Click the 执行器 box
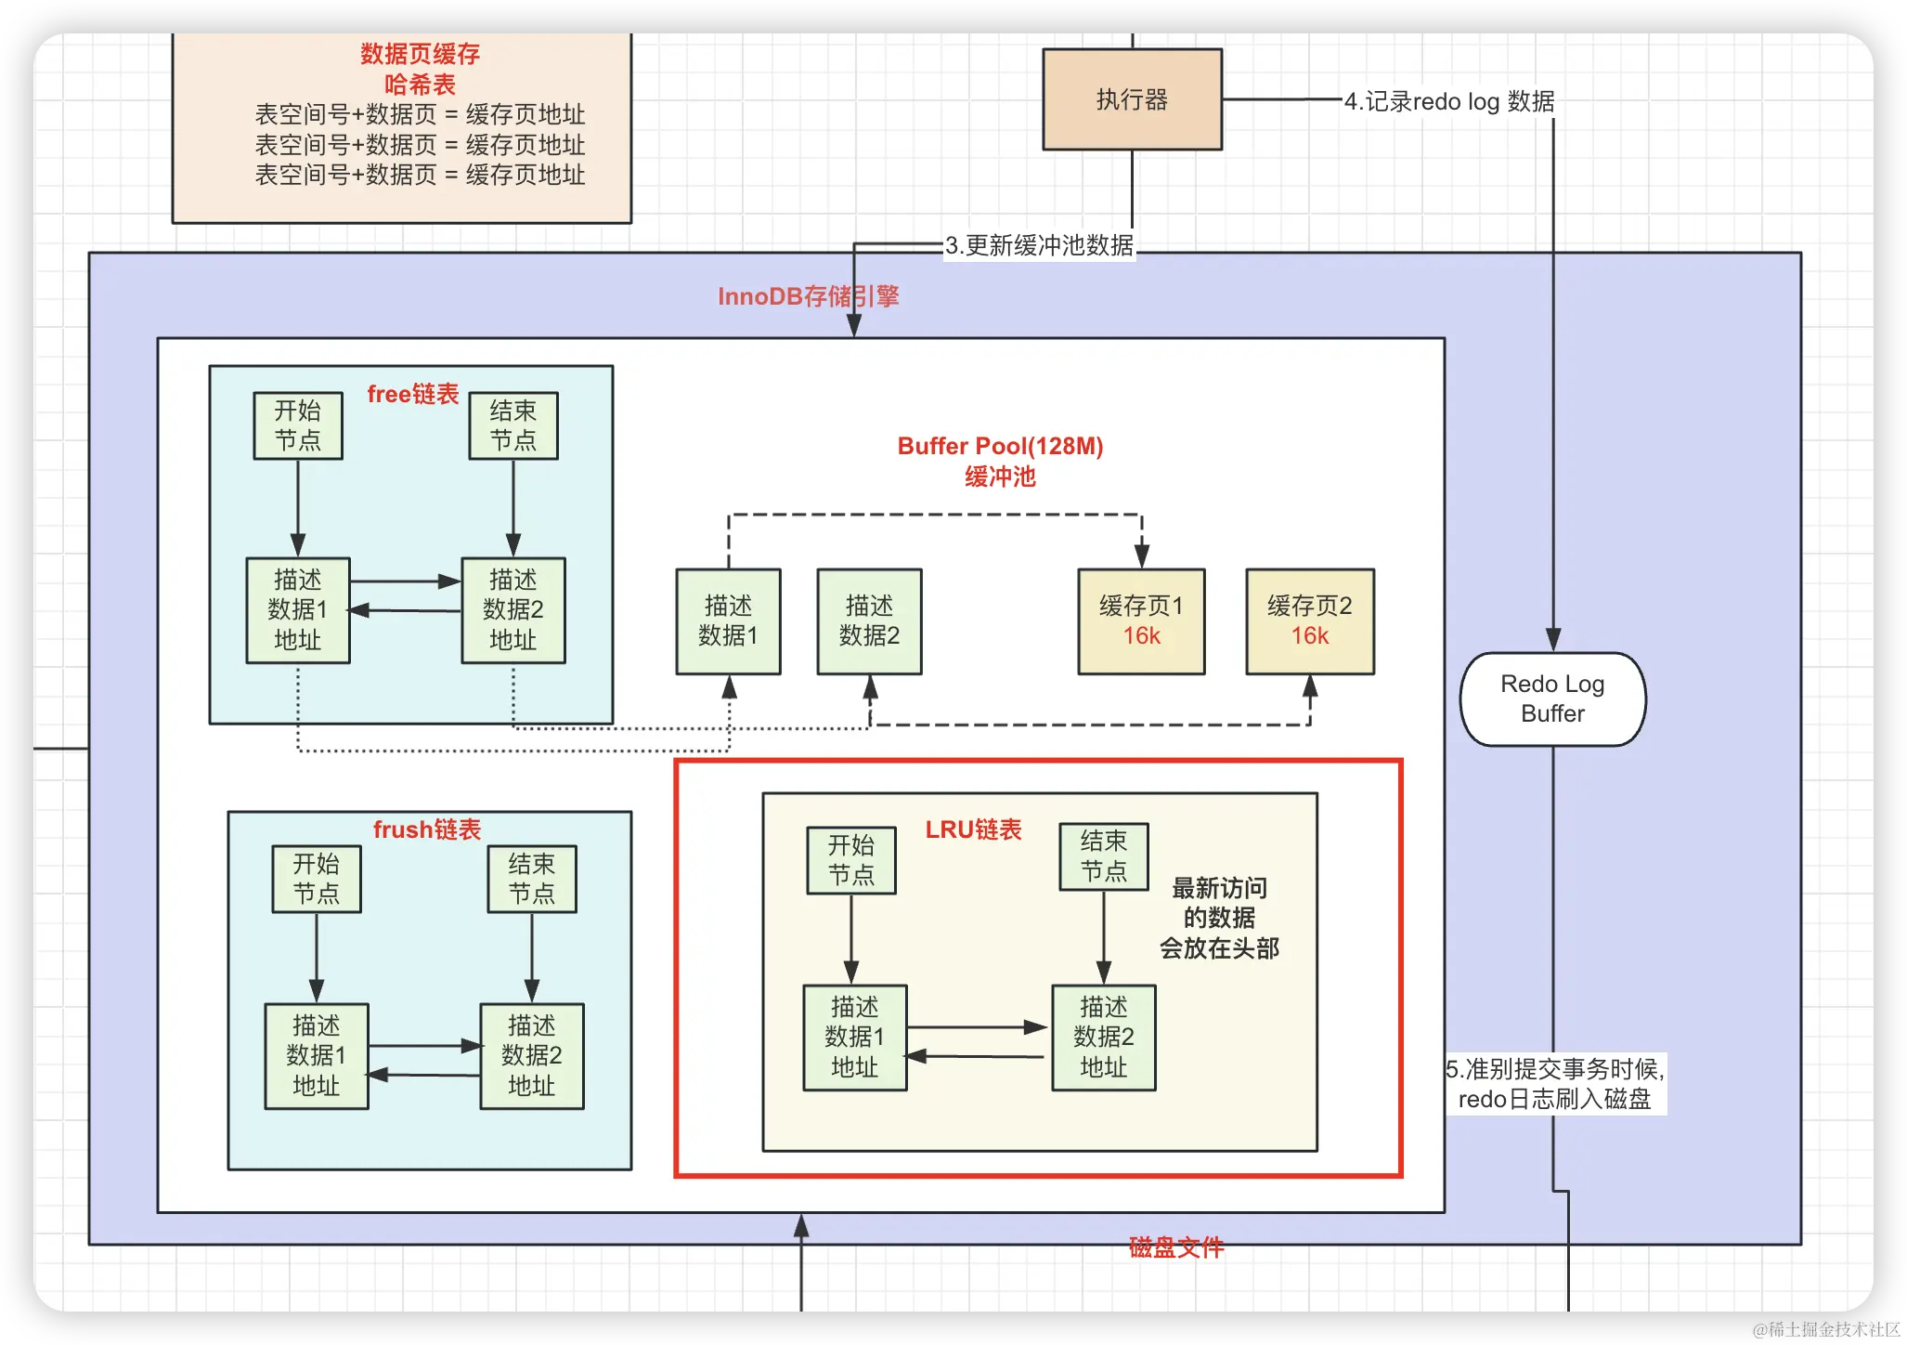click(1132, 99)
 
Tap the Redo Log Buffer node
click(1552, 699)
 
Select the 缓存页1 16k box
click(1141, 621)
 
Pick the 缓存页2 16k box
click(1309, 621)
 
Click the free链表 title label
click(413, 394)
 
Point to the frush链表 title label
click(427, 829)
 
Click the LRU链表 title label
click(973, 829)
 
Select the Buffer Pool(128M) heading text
click(1000, 446)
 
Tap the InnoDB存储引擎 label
click(808, 296)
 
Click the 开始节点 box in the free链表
click(298, 425)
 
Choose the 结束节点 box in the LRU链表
click(1104, 856)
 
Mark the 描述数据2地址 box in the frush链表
click(532, 1056)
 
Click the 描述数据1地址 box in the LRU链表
click(855, 1038)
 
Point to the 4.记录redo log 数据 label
click(1449, 101)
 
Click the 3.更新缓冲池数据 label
click(1039, 245)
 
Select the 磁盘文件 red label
click(1176, 1247)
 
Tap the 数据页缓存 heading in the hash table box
click(420, 54)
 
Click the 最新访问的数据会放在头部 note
click(1219, 918)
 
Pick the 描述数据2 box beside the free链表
click(869, 621)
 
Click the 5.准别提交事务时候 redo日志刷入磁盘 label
click(1555, 1084)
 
